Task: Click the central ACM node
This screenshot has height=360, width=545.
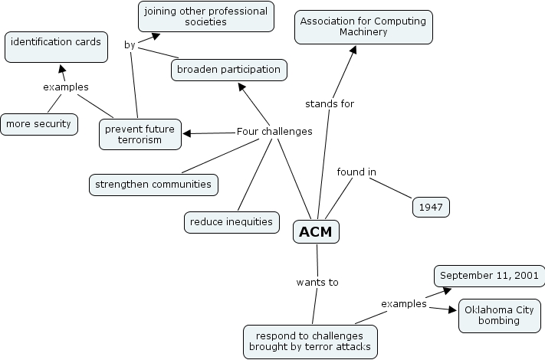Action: pyautogui.click(x=316, y=231)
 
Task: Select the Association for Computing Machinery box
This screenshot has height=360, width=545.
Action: pyautogui.click(x=363, y=27)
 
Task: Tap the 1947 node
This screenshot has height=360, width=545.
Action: pyautogui.click(x=431, y=207)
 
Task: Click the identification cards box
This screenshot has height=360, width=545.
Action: pyautogui.click(x=55, y=47)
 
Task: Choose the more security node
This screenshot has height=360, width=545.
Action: pyautogui.click(x=38, y=123)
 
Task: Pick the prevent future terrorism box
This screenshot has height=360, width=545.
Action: pyautogui.click(x=140, y=134)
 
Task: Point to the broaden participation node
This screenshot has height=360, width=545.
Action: pyautogui.click(x=228, y=70)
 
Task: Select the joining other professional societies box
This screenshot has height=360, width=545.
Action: pyautogui.click(x=206, y=17)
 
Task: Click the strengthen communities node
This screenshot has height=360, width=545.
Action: pyautogui.click(x=153, y=184)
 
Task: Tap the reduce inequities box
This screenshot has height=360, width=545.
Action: pyautogui.click(x=231, y=222)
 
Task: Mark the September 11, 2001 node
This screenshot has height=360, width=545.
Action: pyautogui.click(x=489, y=276)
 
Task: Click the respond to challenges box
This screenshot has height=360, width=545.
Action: pyautogui.click(x=310, y=342)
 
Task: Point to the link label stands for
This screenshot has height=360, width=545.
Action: pyautogui.click(x=330, y=103)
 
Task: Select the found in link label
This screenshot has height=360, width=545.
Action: pyautogui.click(x=356, y=172)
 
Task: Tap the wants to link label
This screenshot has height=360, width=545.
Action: pyautogui.click(x=317, y=282)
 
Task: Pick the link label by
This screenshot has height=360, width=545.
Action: pyautogui.click(x=130, y=44)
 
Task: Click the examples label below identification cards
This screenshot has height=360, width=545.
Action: pyautogui.click(x=65, y=87)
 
